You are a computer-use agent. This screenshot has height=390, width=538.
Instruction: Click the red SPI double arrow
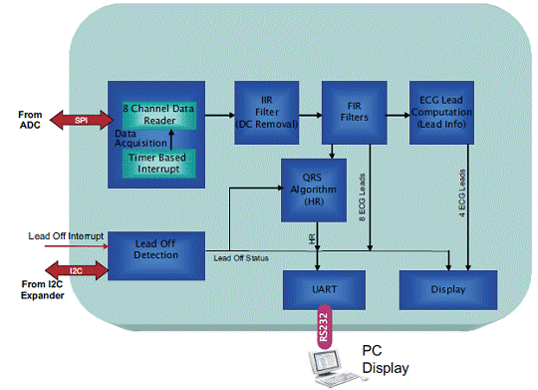(x=82, y=120)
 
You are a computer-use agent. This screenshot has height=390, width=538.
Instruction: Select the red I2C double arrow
(x=77, y=270)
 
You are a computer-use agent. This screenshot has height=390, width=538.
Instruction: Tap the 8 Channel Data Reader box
(x=159, y=115)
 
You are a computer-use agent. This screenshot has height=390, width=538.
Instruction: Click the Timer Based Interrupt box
(x=158, y=164)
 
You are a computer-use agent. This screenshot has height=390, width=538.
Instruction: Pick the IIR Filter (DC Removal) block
(x=267, y=113)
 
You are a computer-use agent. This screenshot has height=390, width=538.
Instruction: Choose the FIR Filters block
(x=355, y=113)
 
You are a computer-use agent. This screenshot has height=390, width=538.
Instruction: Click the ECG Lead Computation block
(x=442, y=113)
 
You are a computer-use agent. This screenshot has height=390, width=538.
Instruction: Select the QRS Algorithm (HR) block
(x=314, y=191)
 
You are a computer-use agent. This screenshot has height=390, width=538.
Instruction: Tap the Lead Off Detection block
(x=156, y=255)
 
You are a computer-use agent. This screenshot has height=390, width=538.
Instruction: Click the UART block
(x=324, y=290)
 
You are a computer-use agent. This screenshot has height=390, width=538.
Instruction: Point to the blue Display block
(x=448, y=290)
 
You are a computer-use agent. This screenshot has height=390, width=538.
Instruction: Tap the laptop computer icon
(x=334, y=368)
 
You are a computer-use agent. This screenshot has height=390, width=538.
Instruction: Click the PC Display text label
(x=386, y=359)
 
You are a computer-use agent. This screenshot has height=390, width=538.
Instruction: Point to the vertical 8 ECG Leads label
(x=362, y=197)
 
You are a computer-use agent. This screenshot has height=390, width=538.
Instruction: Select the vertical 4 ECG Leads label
(x=462, y=194)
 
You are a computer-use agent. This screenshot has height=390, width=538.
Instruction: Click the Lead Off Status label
(x=241, y=258)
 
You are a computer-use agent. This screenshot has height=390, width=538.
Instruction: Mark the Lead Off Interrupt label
(x=66, y=236)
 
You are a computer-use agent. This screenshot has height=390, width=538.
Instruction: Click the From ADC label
(x=30, y=120)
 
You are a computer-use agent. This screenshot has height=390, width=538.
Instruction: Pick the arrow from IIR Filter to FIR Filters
(x=311, y=115)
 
